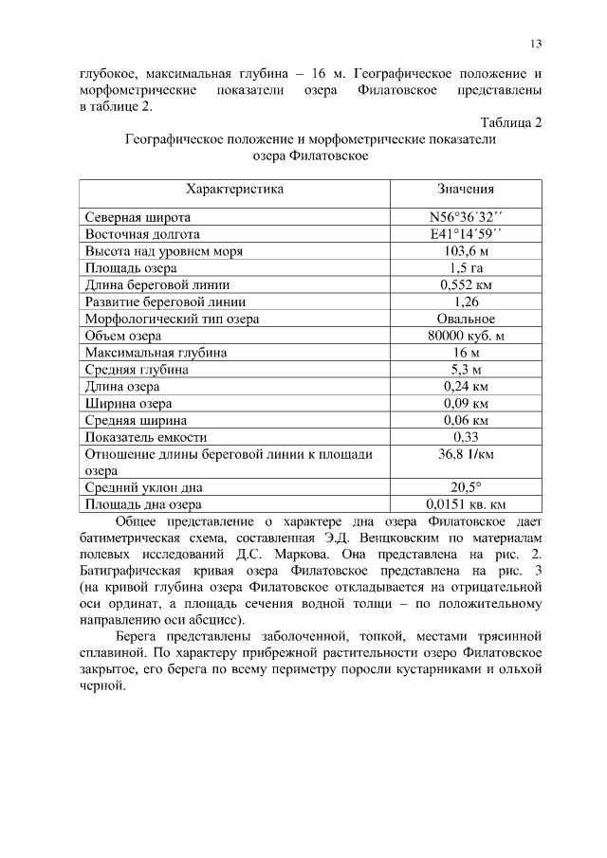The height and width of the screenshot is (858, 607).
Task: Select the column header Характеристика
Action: [x=234, y=189]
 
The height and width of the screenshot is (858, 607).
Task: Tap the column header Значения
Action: [x=466, y=189]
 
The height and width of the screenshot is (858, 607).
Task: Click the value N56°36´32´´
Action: [x=466, y=216]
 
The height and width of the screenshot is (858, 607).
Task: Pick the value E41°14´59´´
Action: [x=466, y=234]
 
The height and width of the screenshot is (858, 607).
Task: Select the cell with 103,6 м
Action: [x=466, y=251]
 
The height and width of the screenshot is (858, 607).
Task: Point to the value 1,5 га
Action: [x=466, y=268]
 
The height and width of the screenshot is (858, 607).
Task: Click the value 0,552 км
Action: [x=466, y=284]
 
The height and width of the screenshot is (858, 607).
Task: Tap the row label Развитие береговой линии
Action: [x=165, y=301]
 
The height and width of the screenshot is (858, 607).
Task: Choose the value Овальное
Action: [x=466, y=319]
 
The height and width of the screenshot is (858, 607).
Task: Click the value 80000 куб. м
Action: [x=466, y=336]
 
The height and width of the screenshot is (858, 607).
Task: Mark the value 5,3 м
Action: [x=466, y=370]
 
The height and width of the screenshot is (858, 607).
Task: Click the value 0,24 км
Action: [x=466, y=387]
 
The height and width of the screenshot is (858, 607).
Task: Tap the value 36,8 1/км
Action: [x=466, y=454]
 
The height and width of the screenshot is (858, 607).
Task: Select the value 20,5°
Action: [x=466, y=487]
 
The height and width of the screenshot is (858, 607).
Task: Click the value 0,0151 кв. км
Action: [x=466, y=504]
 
